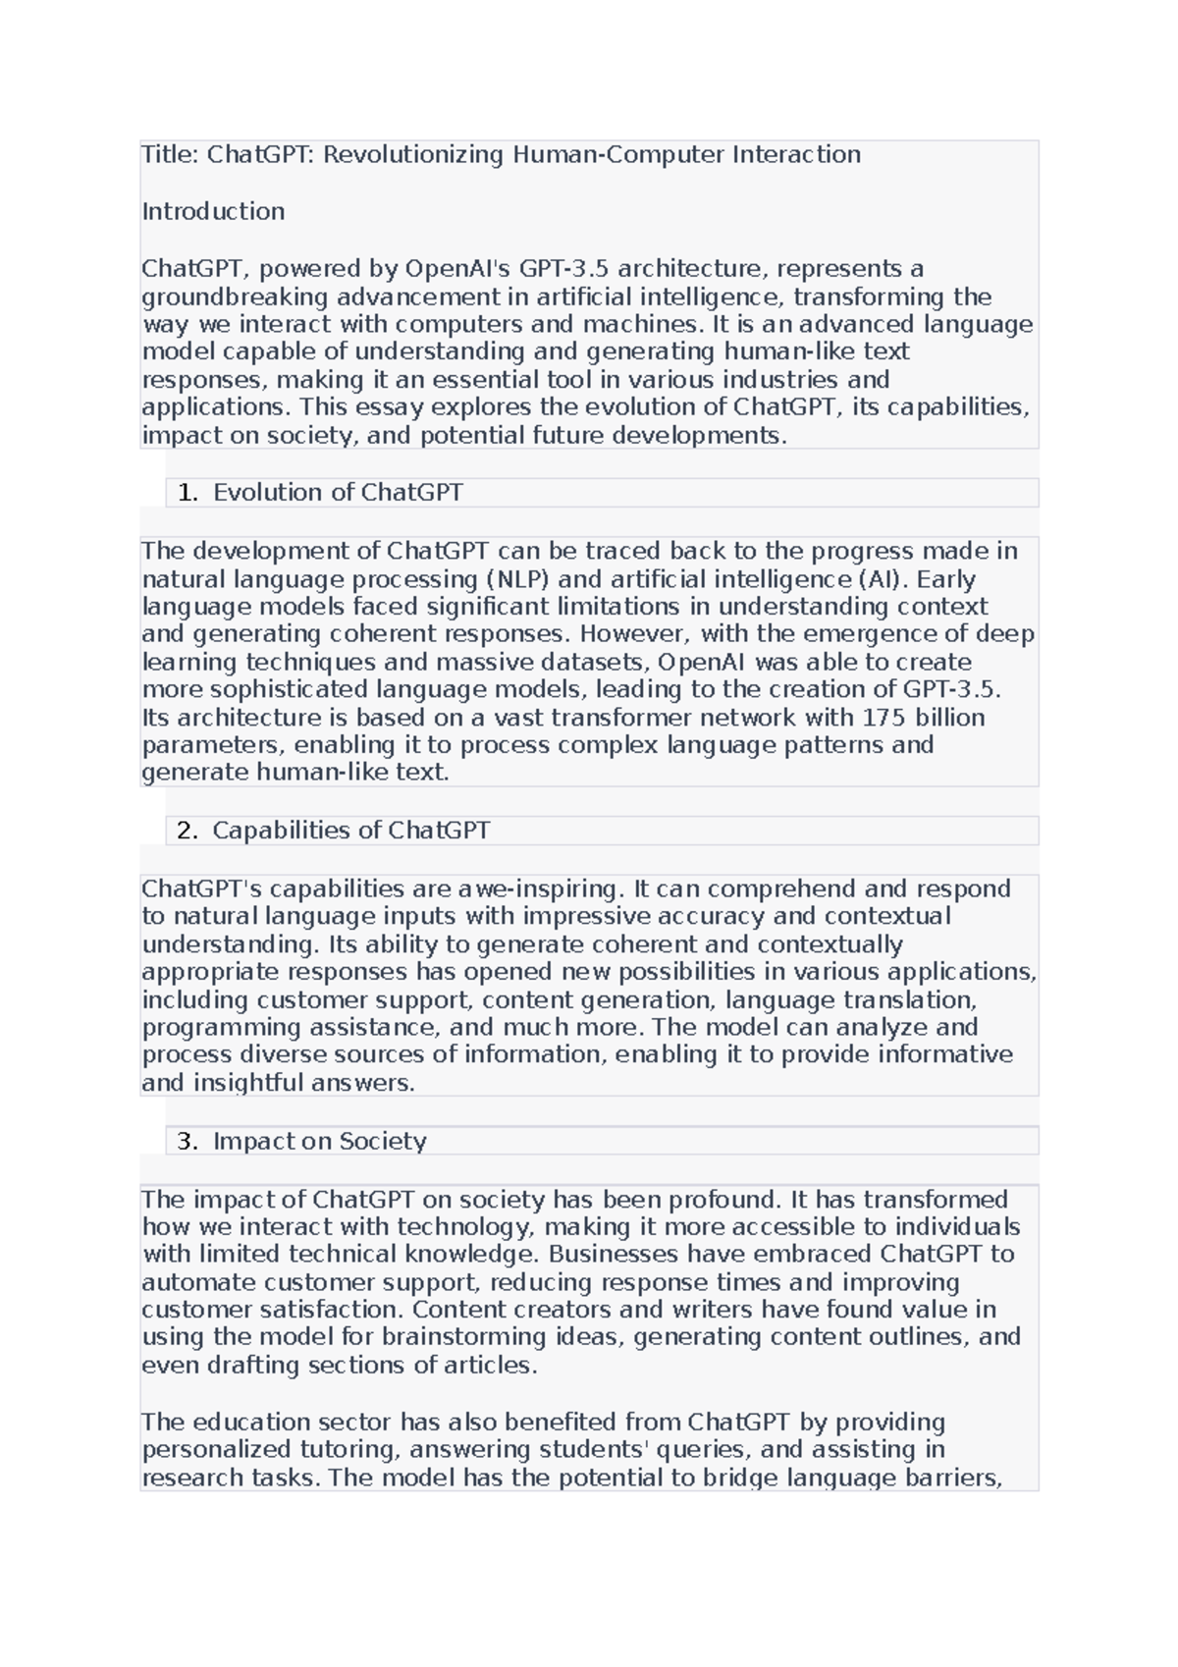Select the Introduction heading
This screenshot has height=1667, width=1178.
click(x=213, y=212)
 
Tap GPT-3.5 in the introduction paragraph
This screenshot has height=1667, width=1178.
click(x=563, y=269)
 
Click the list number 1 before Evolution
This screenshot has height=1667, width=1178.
click(x=187, y=493)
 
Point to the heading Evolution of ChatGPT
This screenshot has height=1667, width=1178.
click(x=338, y=493)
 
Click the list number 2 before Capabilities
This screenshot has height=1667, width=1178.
click(x=187, y=831)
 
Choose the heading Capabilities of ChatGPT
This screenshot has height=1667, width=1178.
click(x=350, y=831)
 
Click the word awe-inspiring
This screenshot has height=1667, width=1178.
click(x=540, y=889)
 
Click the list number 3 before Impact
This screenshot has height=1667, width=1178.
click(x=187, y=1142)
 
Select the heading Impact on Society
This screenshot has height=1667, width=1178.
click(x=319, y=1142)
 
